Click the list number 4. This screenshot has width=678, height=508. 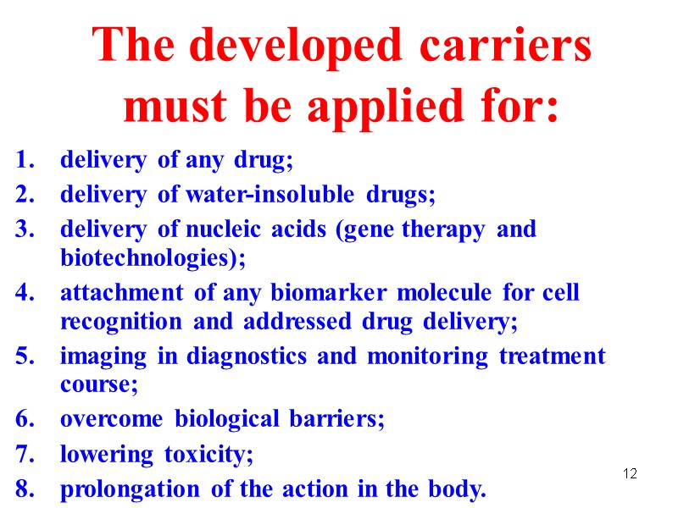click(x=25, y=294)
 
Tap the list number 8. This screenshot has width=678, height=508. click(x=25, y=489)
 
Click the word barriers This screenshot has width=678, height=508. click(x=342, y=420)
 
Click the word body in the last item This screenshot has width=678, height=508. click(x=461, y=489)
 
